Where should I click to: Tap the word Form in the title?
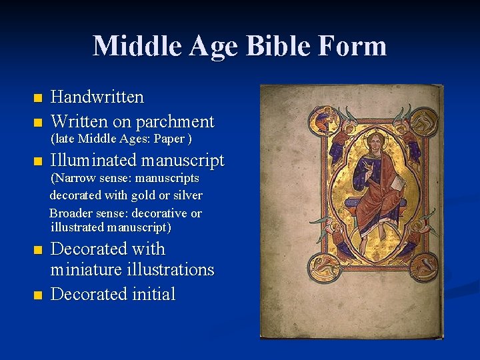coord(354,47)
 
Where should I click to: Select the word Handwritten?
coord(97,97)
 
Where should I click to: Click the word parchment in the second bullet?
coord(175,122)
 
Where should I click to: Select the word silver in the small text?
coord(186,195)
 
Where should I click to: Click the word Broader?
coord(74,213)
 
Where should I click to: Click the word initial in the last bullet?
coord(153,294)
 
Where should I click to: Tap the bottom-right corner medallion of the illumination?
coord(422,267)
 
